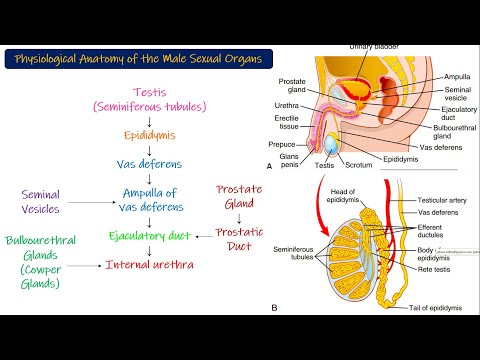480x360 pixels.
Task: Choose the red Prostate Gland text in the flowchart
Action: click(x=244, y=196)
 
